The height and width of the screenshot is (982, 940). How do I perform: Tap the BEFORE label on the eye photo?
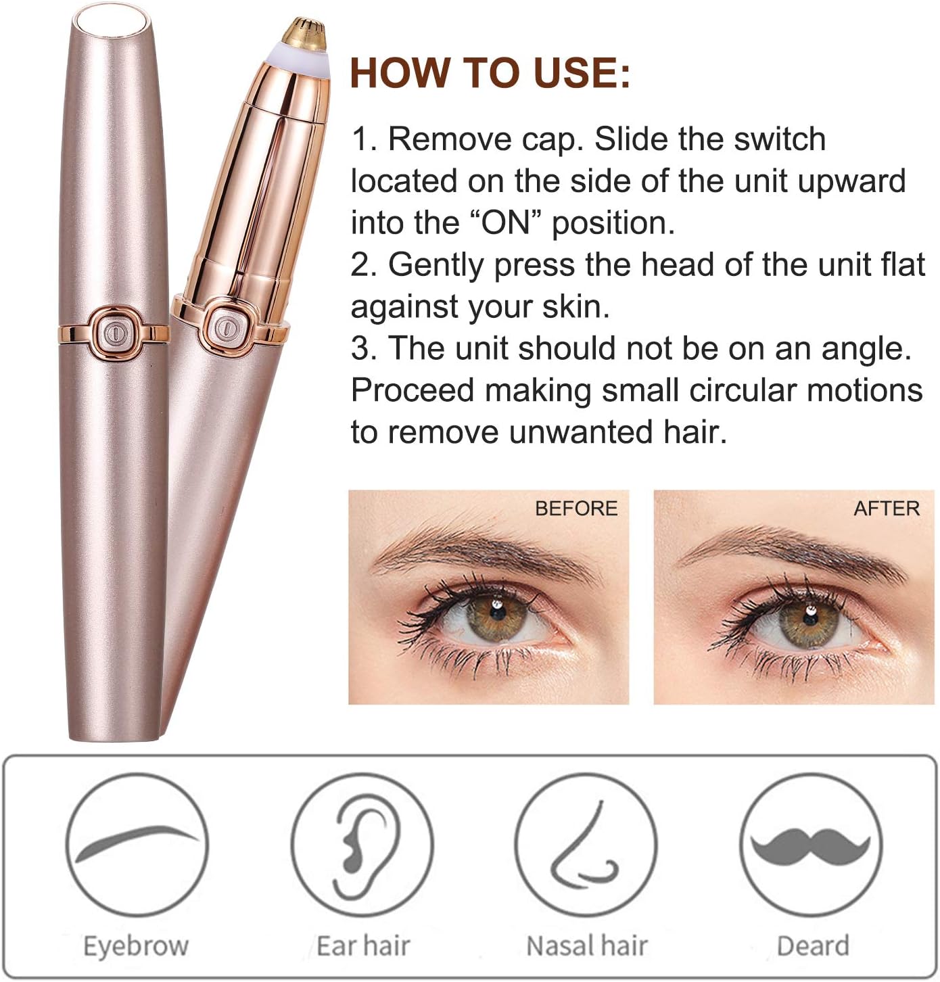[x=575, y=508]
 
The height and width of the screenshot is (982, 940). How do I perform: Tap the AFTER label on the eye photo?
[x=886, y=508]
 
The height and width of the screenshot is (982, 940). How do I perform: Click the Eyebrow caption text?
[x=136, y=945]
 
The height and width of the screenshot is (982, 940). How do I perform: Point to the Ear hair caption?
[x=363, y=945]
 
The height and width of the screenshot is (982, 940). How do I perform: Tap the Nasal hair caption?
[x=586, y=945]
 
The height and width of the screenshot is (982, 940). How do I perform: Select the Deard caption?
[x=813, y=945]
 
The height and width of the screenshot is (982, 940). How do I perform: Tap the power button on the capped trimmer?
[x=114, y=333]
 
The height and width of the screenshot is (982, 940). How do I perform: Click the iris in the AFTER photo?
[x=809, y=619]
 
